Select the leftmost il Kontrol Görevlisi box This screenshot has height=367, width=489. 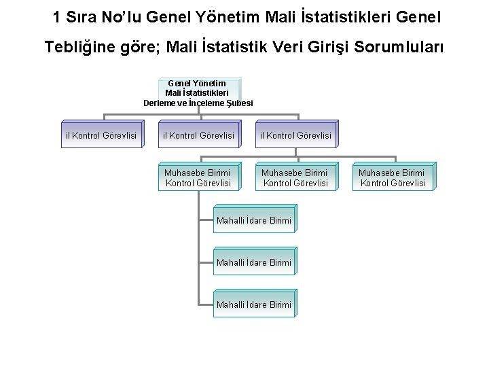pos(101,135)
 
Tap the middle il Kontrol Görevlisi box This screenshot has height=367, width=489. pos(198,135)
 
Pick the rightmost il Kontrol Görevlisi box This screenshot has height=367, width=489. pos(295,135)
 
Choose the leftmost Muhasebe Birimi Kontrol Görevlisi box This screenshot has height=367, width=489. pos(198,177)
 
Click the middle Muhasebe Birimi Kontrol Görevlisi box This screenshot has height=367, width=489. pos(295,177)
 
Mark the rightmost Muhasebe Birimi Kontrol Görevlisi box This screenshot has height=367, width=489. pos(392,177)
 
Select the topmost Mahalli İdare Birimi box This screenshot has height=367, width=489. pos(254,220)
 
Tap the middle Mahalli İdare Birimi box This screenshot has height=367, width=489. pos(254,262)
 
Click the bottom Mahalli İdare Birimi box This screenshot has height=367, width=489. pos(254,304)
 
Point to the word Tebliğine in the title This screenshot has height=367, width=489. pos(81,48)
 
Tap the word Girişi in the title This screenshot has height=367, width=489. pos(326,48)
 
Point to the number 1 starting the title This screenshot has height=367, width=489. pos(58,16)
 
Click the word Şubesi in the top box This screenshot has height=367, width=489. pos(238,103)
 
